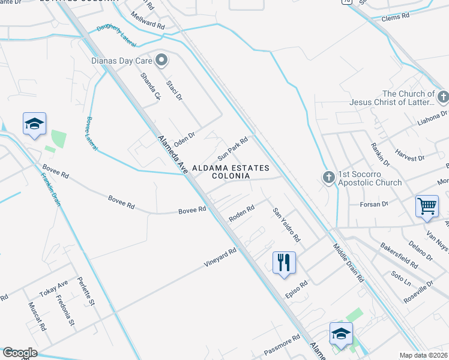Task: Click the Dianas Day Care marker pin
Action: click(x=161, y=59)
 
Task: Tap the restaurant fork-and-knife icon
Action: click(x=284, y=263)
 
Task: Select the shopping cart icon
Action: click(x=427, y=206)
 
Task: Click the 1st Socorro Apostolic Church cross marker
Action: click(x=328, y=178)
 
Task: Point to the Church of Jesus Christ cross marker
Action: click(x=443, y=97)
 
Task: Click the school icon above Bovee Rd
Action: click(x=34, y=124)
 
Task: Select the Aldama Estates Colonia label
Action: click(x=230, y=172)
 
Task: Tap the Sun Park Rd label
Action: click(x=233, y=144)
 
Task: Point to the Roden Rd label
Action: click(x=242, y=213)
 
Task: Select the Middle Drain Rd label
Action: click(x=349, y=263)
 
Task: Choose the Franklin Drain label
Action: click(x=51, y=190)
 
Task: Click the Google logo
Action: click(x=20, y=353)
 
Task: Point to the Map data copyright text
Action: click(x=423, y=355)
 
